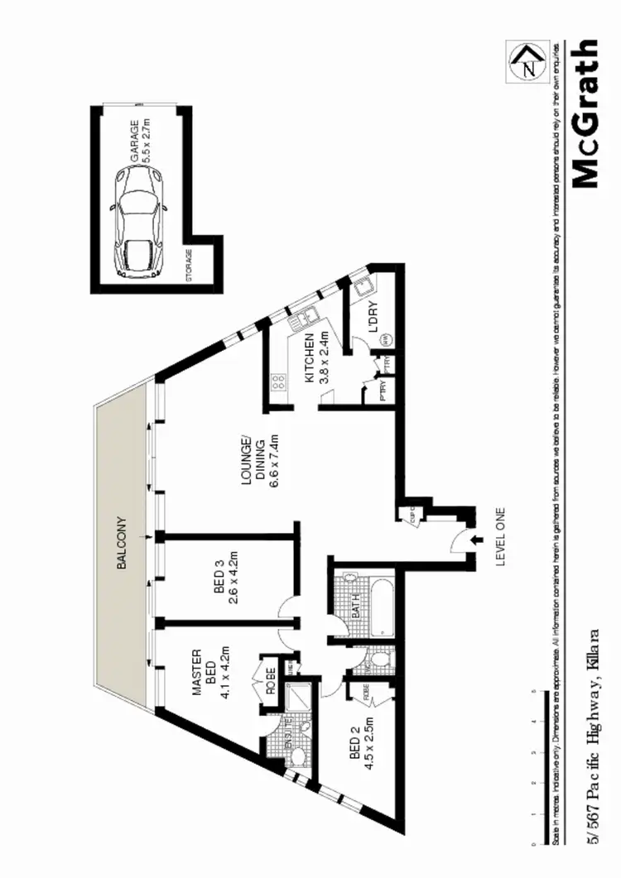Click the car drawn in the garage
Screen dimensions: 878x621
click(x=139, y=221)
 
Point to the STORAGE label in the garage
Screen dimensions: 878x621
click(x=190, y=266)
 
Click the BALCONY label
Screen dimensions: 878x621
click(x=122, y=542)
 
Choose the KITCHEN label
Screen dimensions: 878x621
click(x=310, y=358)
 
